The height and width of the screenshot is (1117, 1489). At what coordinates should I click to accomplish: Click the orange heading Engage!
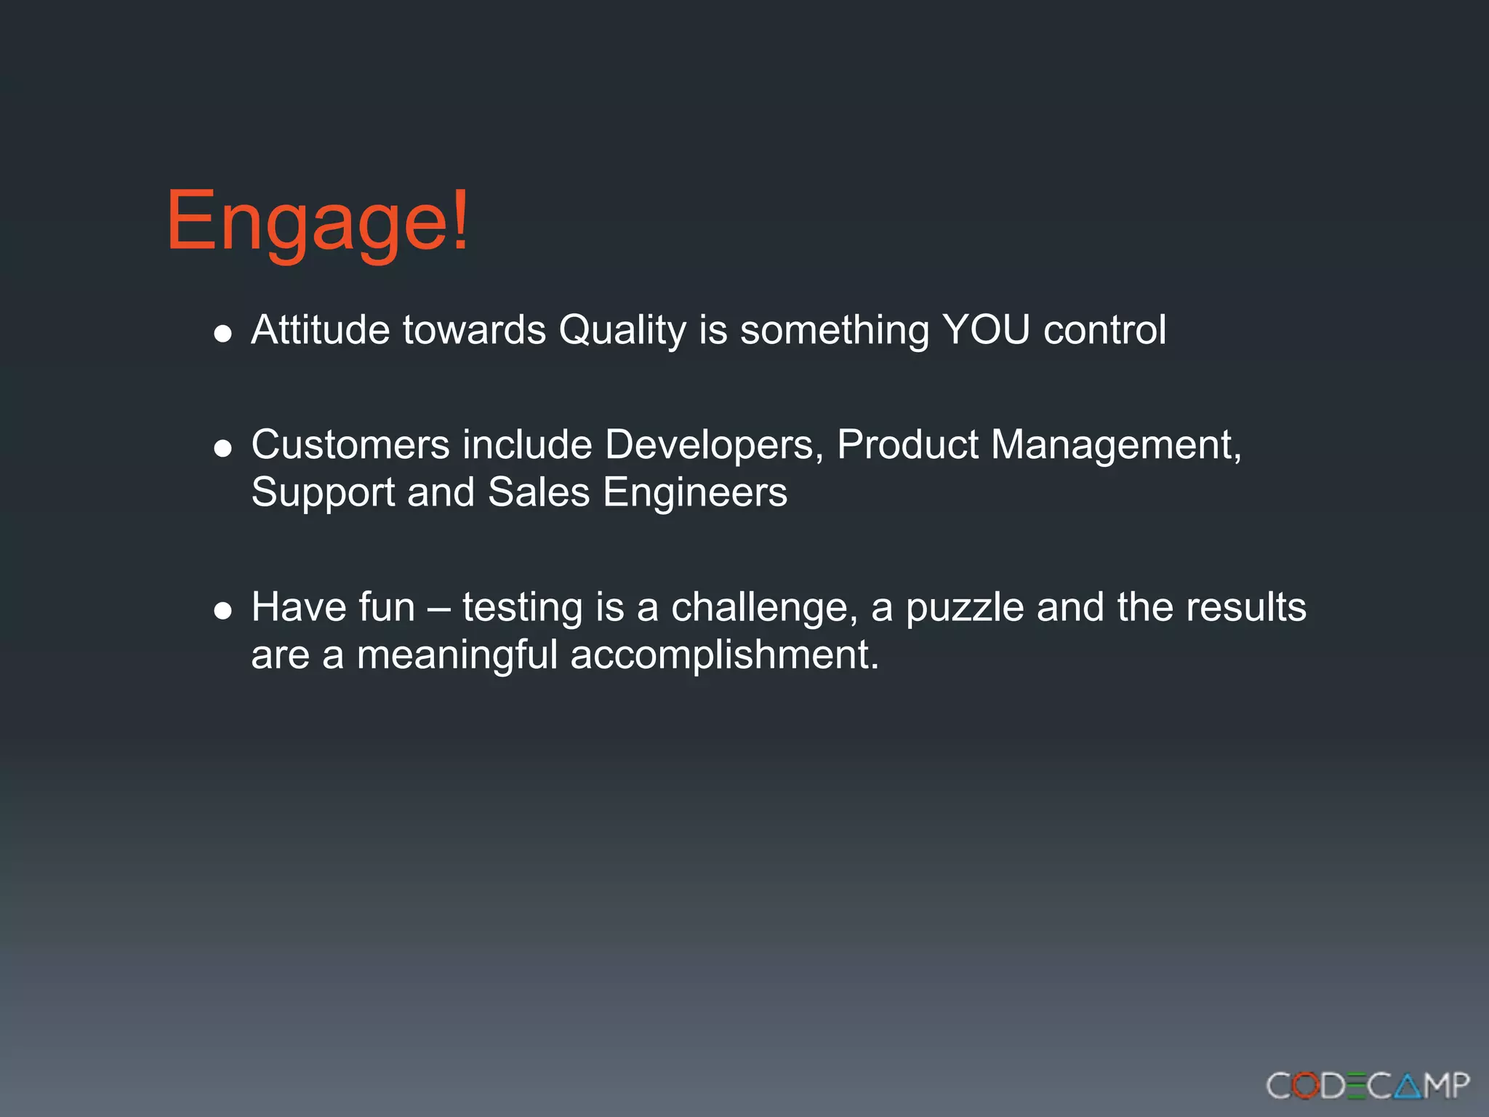tap(318, 221)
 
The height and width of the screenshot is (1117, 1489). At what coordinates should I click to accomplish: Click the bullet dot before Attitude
tap(222, 334)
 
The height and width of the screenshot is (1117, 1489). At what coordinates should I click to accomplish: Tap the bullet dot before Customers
tap(222, 448)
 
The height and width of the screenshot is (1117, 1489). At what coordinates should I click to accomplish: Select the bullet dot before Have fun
tap(222, 610)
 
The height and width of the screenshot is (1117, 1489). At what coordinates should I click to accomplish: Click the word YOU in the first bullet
tap(986, 329)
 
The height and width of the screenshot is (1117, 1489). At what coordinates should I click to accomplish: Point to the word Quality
tap(622, 331)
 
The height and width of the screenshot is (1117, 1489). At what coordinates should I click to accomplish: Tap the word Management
tap(1116, 445)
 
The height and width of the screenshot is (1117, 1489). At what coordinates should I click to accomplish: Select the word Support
tap(323, 493)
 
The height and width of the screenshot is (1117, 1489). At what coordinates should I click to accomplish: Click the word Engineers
tap(695, 493)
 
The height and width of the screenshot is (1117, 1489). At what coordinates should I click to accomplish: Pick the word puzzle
tap(965, 608)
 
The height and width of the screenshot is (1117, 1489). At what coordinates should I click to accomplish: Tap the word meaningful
tap(457, 655)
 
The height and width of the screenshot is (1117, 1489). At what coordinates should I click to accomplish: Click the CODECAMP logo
tap(1368, 1086)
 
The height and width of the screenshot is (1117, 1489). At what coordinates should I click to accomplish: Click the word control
tap(1104, 329)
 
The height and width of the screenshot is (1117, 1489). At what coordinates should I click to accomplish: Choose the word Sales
tap(539, 492)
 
